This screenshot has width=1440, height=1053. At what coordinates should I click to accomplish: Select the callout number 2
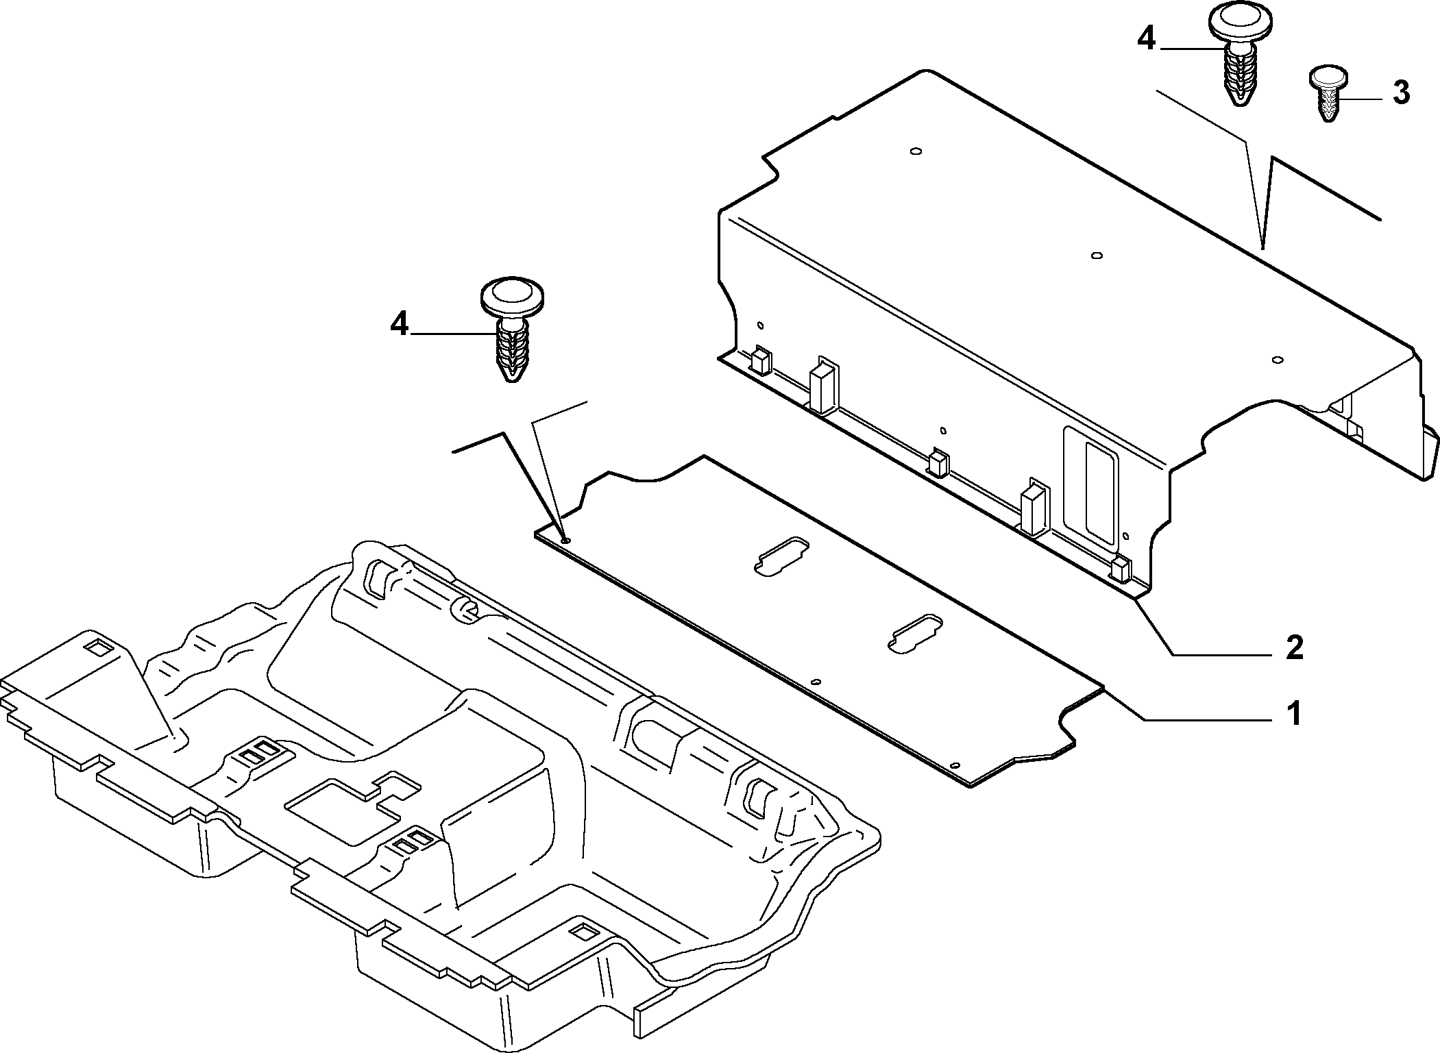(x=1293, y=647)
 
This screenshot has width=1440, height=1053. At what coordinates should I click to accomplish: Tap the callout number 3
(x=1400, y=92)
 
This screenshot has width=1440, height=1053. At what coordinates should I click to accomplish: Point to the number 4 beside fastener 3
(x=1147, y=40)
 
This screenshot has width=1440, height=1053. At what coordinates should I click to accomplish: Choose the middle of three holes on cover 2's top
(x=1096, y=256)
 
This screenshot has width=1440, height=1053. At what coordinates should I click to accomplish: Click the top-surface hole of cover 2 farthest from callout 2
(x=915, y=151)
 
